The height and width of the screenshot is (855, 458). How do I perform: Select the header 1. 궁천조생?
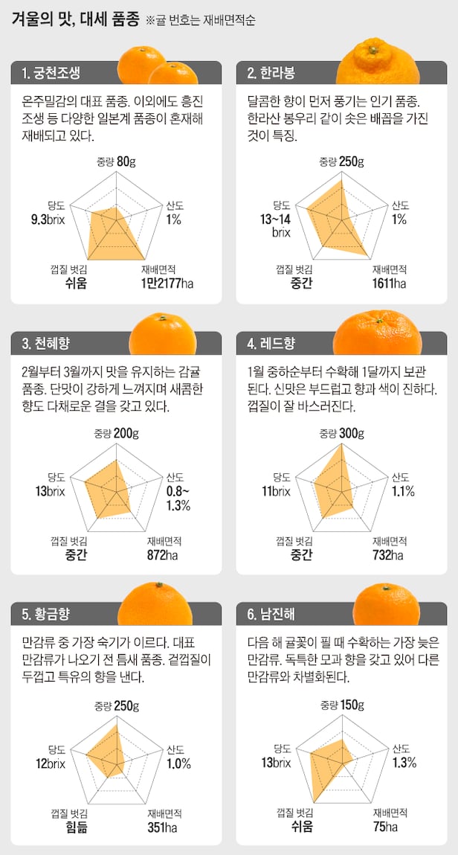point(56,73)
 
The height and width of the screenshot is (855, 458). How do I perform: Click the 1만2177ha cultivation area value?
point(166,283)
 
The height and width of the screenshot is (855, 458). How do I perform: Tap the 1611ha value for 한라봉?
point(390,283)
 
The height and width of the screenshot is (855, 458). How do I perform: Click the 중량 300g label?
point(342,433)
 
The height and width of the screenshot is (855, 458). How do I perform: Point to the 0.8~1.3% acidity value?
point(178,499)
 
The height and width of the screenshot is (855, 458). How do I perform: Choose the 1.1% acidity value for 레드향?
point(403,491)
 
